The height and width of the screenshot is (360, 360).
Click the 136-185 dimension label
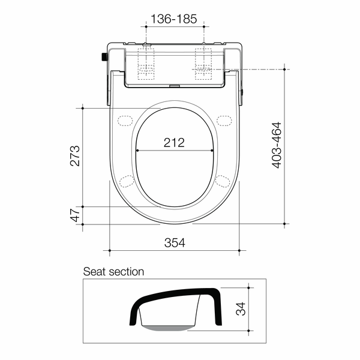click(x=174, y=19)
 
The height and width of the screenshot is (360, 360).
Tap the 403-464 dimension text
click(x=277, y=145)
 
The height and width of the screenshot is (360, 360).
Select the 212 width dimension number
click(x=174, y=143)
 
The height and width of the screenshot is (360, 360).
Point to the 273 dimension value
click(x=75, y=155)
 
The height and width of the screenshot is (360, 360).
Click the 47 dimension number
click(x=75, y=215)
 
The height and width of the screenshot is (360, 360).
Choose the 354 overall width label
click(x=175, y=242)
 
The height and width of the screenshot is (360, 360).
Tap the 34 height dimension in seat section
click(x=241, y=309)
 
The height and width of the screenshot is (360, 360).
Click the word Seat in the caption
click(x=95, y=272)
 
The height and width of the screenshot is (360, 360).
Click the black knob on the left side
click(x=104, y=57)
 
